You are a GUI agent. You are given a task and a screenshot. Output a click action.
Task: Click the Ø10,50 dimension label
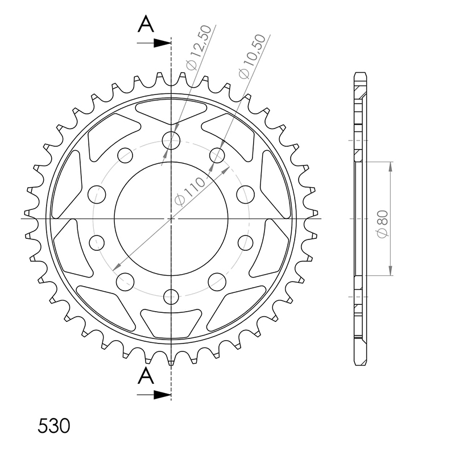pyautogui.click(x=252, y=57)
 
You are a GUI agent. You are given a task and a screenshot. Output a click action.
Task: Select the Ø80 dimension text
pyautogui.click(x=382, y=224)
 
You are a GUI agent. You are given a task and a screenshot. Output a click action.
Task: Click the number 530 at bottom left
pyautogui.click(x=54, y=426)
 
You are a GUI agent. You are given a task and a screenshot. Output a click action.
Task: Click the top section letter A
pyautogui.click(x=146, y=24)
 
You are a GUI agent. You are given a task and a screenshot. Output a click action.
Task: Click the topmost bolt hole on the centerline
pyautogui.click(x=171, y=140)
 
